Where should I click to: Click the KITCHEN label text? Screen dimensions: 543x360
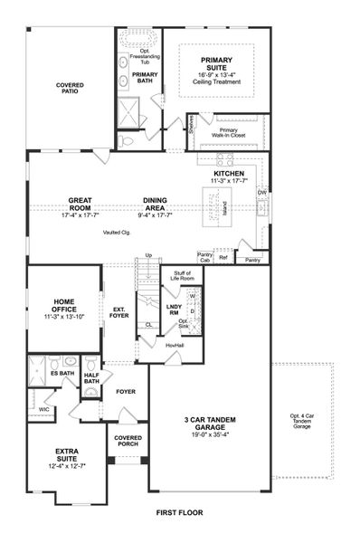pyautogui.click(x=229, y=173)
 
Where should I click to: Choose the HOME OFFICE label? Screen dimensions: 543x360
pyautogui.click(x=62, y=307)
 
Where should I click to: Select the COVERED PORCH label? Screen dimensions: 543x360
pyautogui.click(x=128, y=441)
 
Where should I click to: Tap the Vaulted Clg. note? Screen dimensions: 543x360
pyautogui.click(x=116, y=233)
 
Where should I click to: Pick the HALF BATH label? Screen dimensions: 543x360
pyautogui.click(x=91, y=378)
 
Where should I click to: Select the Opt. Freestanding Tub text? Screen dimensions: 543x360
pyautogui.click(x=138, y=56)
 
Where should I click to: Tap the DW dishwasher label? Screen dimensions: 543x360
pyautogui.click(x=261, y=193)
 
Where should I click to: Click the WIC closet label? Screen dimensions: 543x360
pyautogui.click(x=43, y=410)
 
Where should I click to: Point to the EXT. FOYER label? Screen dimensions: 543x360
pyautogui.click(x=119, y=312)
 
